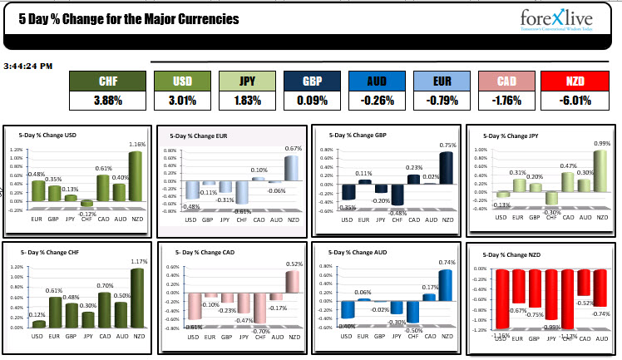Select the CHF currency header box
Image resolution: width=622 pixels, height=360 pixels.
pyautogui.click(x=108, y=81)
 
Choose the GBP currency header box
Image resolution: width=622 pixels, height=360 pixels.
pyautogui.click(x=313, y=81)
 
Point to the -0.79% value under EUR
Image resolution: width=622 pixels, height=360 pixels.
pyautogui.click(x=443, y=101)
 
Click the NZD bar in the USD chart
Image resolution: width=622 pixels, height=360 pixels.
pyautogui.click(x=136, y=176)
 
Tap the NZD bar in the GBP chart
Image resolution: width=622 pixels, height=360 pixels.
pyautogui.click(x=447, y=176)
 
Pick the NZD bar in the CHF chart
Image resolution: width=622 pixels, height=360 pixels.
pyautogui.click(x=136, y=295)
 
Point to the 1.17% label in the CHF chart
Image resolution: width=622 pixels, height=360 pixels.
pyautogui.click(x=136, y=262)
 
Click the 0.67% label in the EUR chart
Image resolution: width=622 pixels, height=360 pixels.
pyautogui.click(x=292, y=149)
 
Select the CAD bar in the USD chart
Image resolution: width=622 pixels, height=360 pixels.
pyautogui.click(x=103, y=188)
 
